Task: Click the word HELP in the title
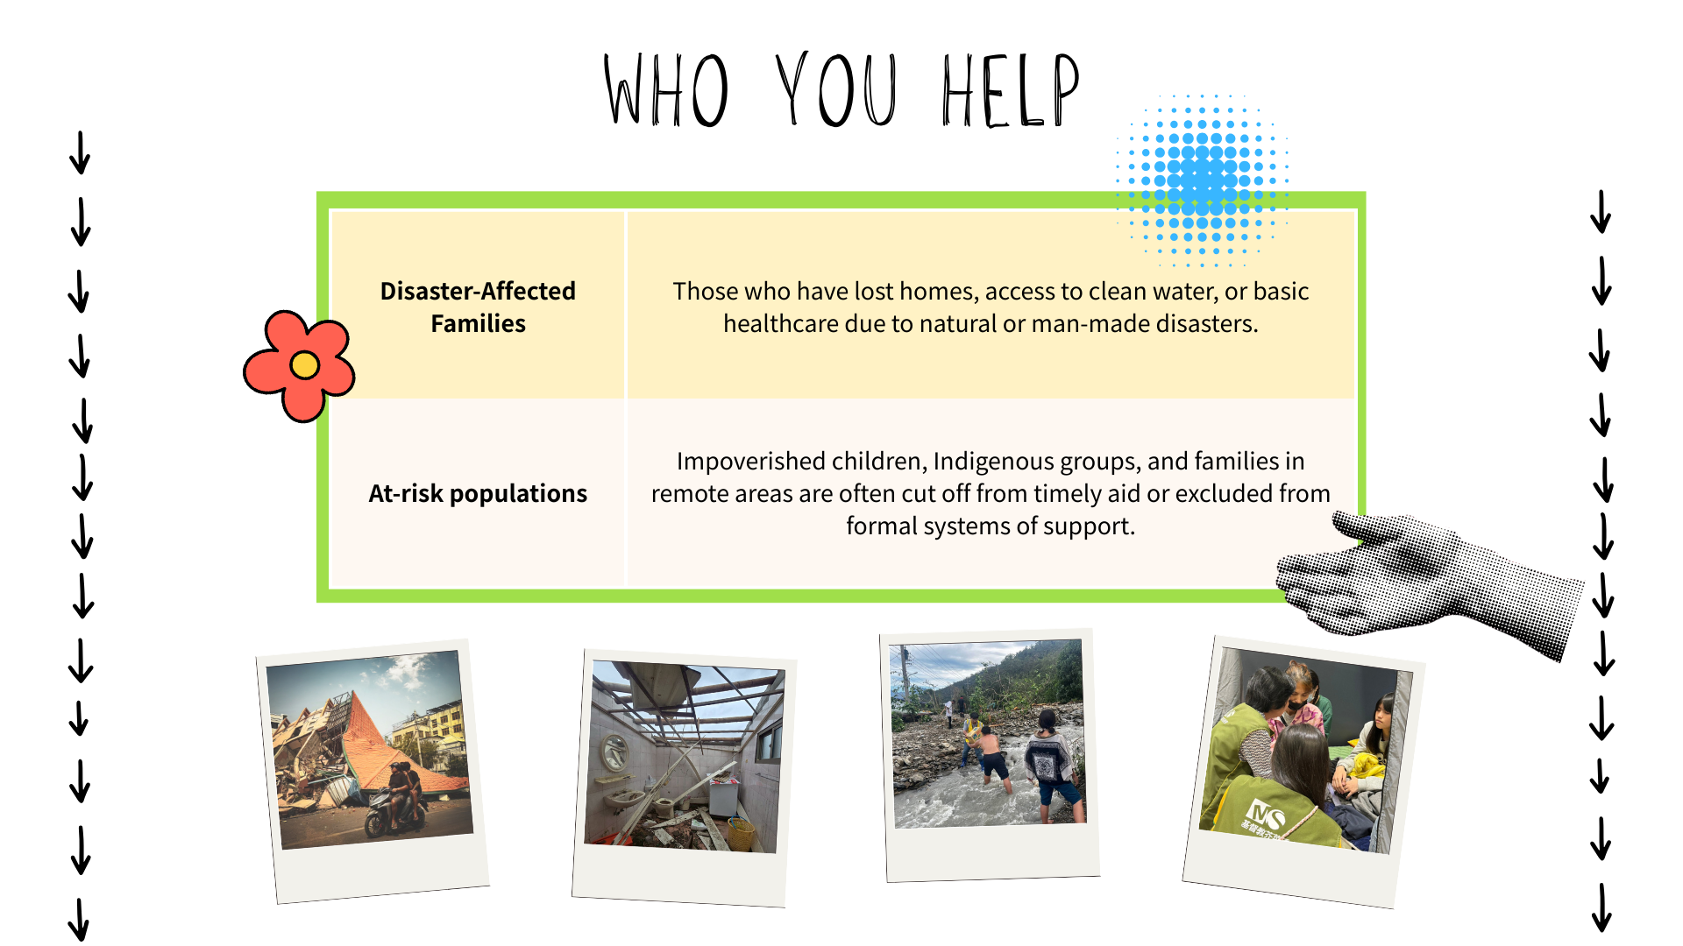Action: point(1011,89)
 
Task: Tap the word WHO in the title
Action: point(666,89)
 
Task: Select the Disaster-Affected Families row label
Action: point(478,307)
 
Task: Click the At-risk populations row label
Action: point(478,493)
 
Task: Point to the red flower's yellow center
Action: point(304,364)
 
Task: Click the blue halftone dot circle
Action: point(1202,180)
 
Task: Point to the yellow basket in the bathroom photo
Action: point(741,833)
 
